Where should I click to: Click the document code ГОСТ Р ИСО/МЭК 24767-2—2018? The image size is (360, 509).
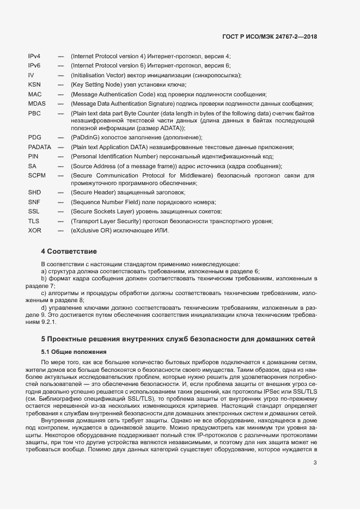point(270,36)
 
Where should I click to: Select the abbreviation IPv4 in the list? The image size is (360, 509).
point(34,56)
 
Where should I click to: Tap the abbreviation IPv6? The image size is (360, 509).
point(34,65)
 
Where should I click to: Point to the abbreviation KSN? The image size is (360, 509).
point(34,84)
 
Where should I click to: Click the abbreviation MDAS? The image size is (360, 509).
point(37,103)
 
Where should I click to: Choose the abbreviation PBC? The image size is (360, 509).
point(34,113)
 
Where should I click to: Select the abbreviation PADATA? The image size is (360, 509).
point(39,147)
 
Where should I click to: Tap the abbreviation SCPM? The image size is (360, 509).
point(37,175)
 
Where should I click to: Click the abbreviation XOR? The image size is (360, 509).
point(34,230)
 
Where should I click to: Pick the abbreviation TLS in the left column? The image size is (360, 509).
point(34,221)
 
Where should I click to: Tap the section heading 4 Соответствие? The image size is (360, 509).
point(69,252)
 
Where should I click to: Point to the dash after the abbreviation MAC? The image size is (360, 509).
point(61,94)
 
